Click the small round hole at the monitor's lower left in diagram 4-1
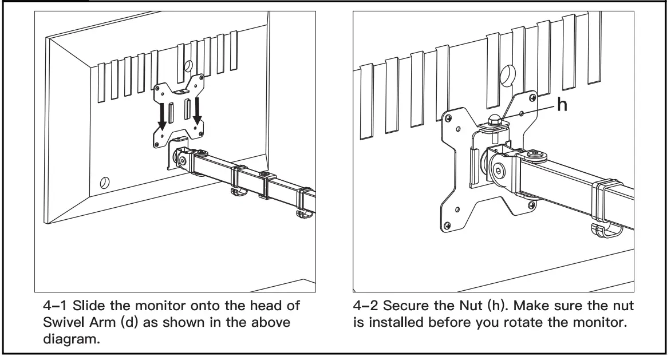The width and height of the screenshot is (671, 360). [x=104, y=183]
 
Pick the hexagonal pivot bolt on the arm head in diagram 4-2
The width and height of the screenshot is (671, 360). [x=499, y=170]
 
